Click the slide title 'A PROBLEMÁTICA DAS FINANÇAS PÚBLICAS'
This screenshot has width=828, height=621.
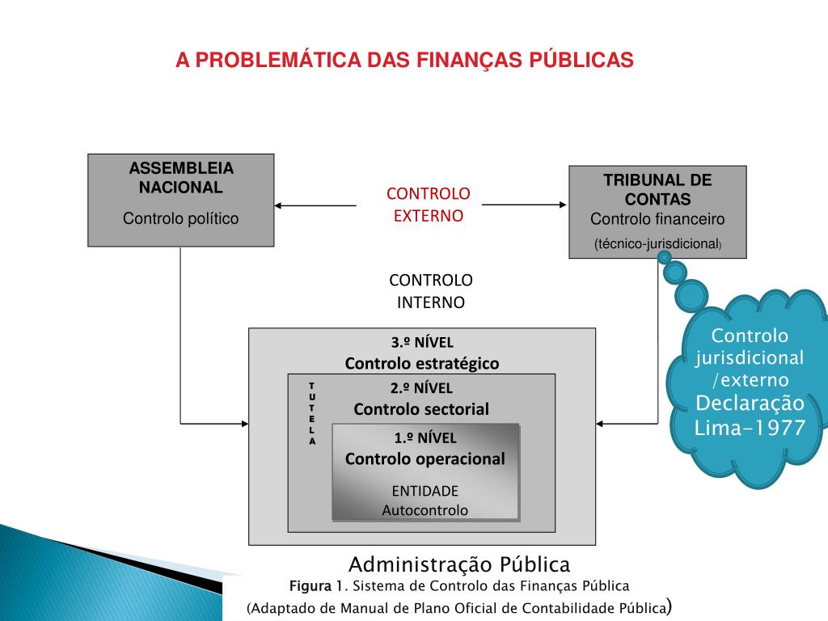(x=404, y=61)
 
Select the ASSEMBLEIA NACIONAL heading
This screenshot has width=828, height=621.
(x=181, y=178)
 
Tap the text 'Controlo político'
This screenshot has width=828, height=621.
(x=181, y=218)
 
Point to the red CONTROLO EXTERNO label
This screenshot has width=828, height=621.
(x=428, y=205)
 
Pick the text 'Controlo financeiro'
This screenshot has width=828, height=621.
(x=657, y=219)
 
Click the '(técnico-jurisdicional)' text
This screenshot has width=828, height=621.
(x=657, y=243)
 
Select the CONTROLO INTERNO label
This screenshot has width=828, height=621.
(x=430, y=291)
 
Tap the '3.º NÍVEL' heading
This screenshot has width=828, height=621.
(x=422, y=342)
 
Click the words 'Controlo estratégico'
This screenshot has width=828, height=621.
(x=422, y=363)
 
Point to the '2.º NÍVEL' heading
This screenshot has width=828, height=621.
(x=421, y=387)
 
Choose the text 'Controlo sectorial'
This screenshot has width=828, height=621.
(x=421, y=408)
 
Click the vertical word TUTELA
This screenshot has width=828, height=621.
(x=312, y=413)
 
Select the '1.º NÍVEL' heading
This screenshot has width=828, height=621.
(x=425, y=438)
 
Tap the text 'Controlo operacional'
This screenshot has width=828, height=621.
(x=425, y=459)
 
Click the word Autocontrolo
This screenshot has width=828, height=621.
(x=425, y=510)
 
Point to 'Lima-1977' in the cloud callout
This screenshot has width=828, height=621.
(x=750, y=427)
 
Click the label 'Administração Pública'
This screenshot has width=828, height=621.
(x=459, y=564)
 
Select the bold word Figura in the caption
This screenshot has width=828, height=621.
(x=306, y=585)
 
